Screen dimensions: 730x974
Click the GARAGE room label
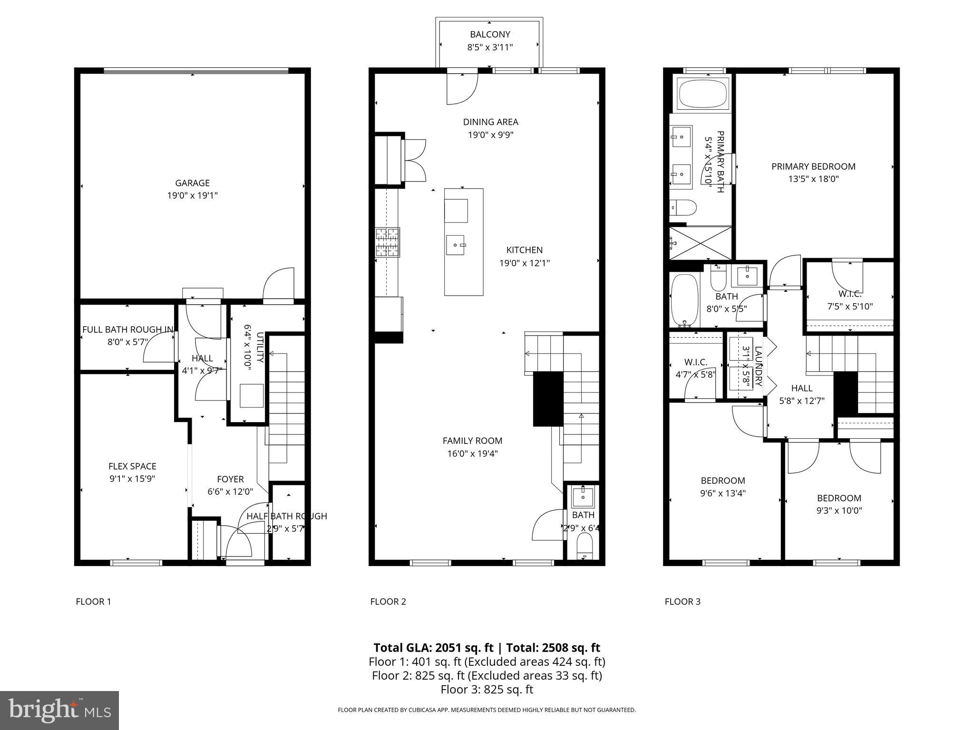[x=192, y=183]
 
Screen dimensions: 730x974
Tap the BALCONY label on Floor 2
[x=490, y=35]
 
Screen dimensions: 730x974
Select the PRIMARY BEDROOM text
[x=813, y=166]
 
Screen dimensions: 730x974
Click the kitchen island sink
[x=456, y=245]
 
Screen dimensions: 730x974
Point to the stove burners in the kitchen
[x=388, y=242]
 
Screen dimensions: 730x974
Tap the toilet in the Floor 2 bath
[x=584, y=546]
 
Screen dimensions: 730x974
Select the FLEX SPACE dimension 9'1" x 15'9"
[x=132, y=479]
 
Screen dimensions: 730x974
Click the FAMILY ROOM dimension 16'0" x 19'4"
[x=472, y=453]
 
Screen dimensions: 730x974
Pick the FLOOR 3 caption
[x=682, y=602]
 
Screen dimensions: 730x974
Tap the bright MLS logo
[x=59, y=711]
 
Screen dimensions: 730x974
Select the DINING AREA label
[x=490, y=122]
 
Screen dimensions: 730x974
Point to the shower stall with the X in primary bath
[x=701, y=243]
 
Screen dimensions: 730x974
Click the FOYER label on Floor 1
[x=230, y=479]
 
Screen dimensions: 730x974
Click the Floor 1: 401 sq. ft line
[x=487, y=662]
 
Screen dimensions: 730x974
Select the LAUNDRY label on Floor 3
[x=758, y=365]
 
